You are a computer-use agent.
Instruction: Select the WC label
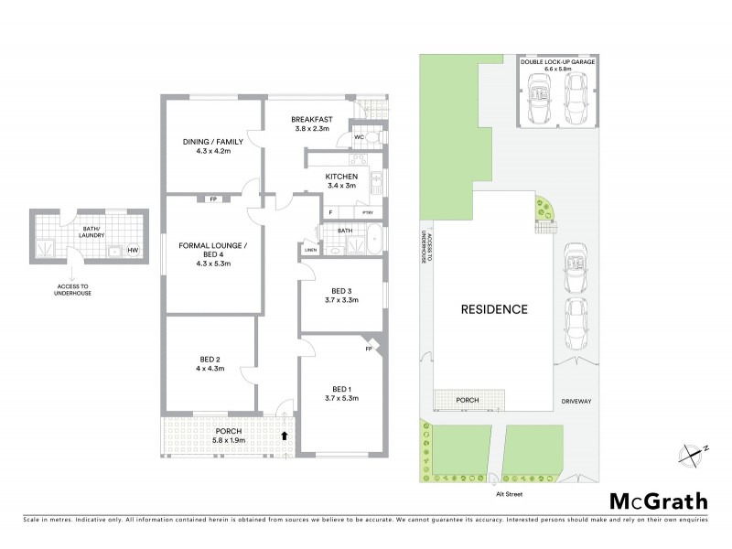point(359,137)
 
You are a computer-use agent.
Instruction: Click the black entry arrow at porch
point(285,436)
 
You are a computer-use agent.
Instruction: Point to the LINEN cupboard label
point(310,249)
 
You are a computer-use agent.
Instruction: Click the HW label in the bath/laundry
point(133,250)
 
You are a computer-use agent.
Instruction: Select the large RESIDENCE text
point(493,308)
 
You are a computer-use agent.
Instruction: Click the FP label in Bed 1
point(369,349)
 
